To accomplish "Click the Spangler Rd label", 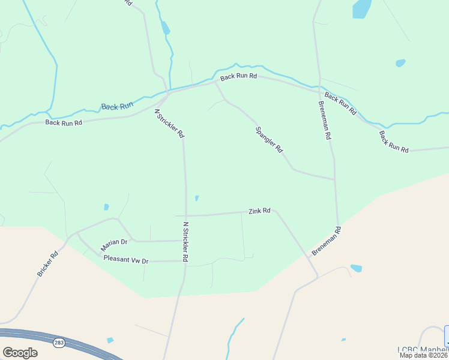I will point(269,140).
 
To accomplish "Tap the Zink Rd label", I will point(259,211).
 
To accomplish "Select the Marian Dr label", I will point(115,242).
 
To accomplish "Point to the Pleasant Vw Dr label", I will point(125,259).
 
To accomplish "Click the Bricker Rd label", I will point(47,263).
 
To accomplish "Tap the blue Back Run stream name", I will point(117,106).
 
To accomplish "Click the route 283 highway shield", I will point(59,343).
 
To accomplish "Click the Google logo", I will point(20,353).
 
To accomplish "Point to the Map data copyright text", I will point(424,355).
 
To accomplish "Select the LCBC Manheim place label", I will point(423,349).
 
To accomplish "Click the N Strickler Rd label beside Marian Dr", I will point(186,242).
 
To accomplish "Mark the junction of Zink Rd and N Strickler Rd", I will point(185,215).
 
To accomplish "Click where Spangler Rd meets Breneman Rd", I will point(334,179).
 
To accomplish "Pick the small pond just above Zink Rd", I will point(197,198).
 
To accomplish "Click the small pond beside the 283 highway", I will point(110,340).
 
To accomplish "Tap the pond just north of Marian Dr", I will point(106,207).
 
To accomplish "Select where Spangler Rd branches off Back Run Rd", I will point(215,82).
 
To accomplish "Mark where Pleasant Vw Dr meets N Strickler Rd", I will point(184,261).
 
